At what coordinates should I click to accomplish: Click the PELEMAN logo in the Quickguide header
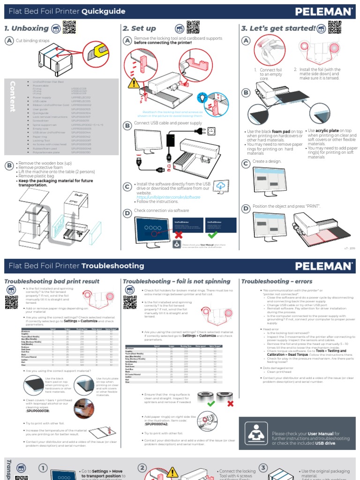[x=324, y=11]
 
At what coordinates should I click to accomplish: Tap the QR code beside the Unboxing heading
[x=69, y=28]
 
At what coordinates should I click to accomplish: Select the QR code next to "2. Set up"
[x=193, y=28]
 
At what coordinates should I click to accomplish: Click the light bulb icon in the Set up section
[x=202, y=97]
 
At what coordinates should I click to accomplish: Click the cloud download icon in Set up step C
[x=220, y=187]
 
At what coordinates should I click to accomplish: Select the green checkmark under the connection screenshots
[x=213, y=234]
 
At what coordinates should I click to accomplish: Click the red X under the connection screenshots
[x=176, y=234]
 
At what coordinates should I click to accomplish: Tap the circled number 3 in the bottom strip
[x=263, y=468]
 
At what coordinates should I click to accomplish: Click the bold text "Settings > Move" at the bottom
[x=101, y=471]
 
